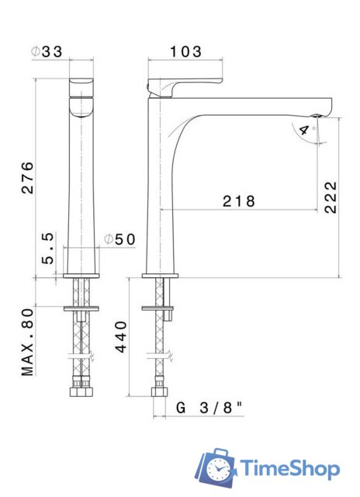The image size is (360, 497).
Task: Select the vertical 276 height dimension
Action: click(27, 178)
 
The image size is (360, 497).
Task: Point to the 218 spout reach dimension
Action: click(239, 201)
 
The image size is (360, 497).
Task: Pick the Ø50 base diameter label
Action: click(120, 239)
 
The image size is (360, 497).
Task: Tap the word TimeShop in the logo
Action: click(289, 468)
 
